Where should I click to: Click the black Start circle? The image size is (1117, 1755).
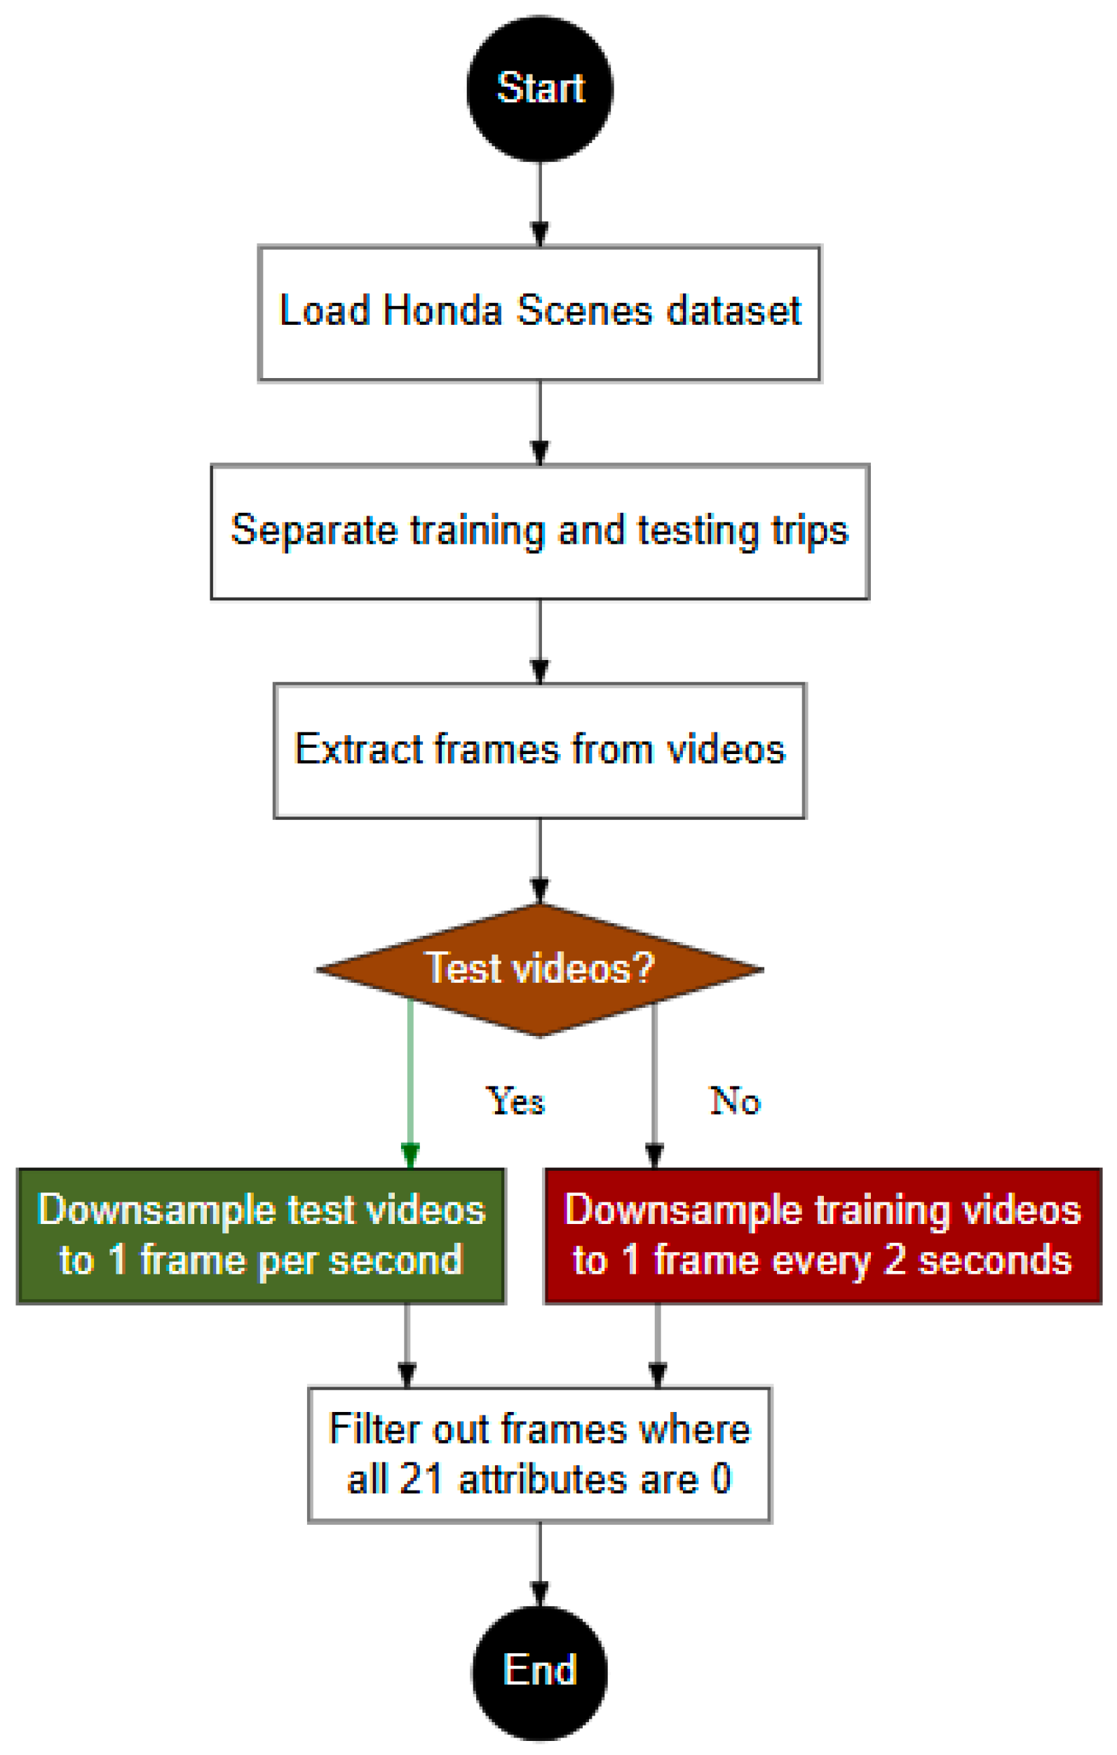pos(539,88)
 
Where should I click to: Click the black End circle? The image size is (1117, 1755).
pos(539,1672)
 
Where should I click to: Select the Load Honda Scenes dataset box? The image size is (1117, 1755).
pos(539,314)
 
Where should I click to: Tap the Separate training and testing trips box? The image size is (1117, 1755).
pos(539,531)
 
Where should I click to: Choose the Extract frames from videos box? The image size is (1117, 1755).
pos(539,750)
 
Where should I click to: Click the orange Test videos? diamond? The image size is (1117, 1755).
pos(539,969)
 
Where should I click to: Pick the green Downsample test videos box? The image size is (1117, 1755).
pos(261,1236)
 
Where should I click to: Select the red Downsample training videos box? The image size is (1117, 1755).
pos(822,1236)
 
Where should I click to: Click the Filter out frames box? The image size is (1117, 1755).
pos(539,1455)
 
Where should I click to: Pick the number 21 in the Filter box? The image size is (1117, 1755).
pos(421,1479)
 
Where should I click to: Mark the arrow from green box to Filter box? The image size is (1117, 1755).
pos(407,1345)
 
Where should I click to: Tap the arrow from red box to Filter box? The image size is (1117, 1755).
pos(657,1345)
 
